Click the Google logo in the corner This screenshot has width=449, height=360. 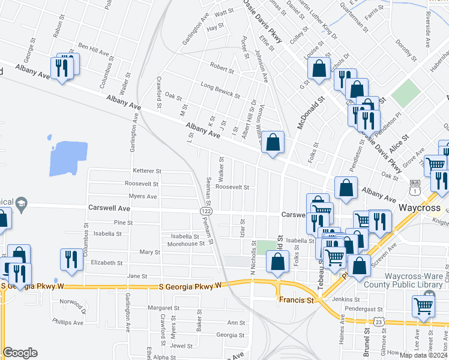click(x=20, y=353)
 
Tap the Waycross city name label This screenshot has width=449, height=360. click(x=421, y=208)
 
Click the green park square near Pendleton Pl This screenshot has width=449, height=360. click(x=407, y=93)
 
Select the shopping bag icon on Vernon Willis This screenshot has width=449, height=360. click(x=273, y=143)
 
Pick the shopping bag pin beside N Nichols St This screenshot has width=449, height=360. click(x=277, y=262)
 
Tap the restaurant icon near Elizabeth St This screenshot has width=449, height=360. click(x=71, y=259)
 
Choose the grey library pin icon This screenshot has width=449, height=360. click(x=429, y=298)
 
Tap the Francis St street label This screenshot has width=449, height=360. click(x=296, y=299)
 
